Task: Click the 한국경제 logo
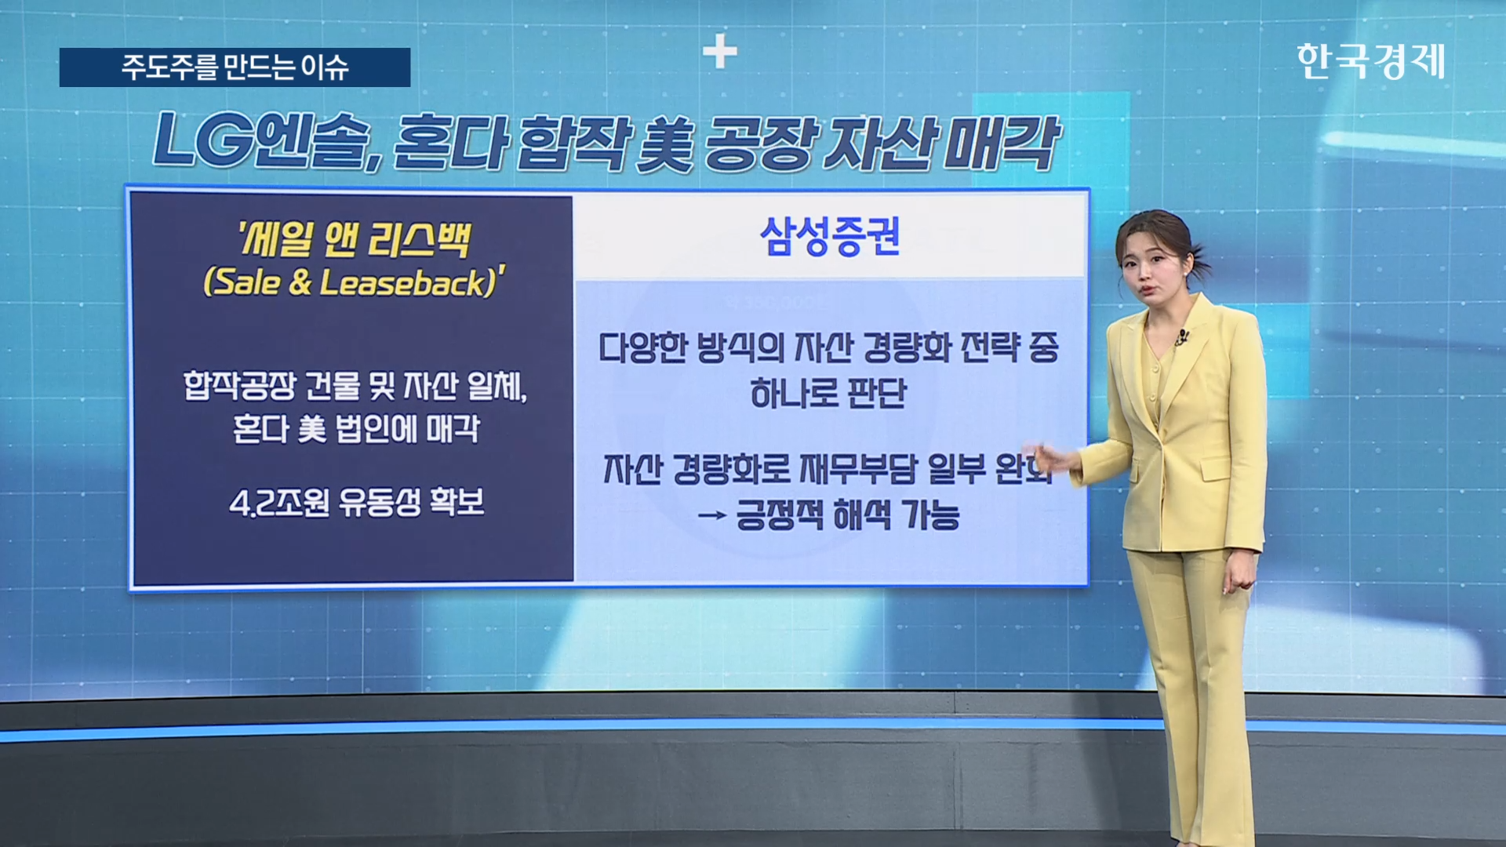[1370, 61]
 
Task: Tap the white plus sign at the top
[719, 53]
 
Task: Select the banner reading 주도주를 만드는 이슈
[235, 67]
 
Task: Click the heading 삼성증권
[830, 236]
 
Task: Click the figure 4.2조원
[279, 503]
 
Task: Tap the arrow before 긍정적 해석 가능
[711, 516]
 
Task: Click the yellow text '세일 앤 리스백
[354, 239]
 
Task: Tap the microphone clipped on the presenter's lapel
[1181, 338]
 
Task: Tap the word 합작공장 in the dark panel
[240, 386]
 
